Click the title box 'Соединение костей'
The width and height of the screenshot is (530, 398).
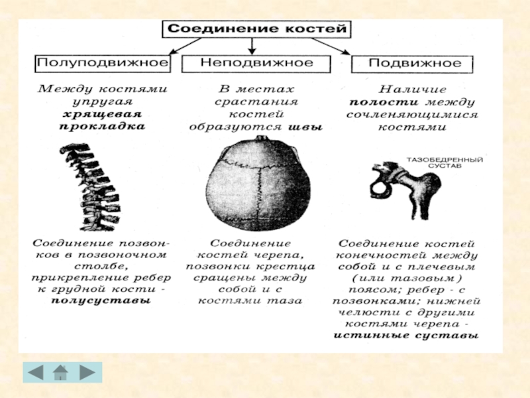[256, 29]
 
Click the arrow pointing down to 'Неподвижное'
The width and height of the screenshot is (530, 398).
[252, 46]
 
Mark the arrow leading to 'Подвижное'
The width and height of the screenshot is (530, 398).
[331, 46]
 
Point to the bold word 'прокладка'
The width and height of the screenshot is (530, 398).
[102, 127]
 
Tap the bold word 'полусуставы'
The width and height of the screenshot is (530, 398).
[101, 300]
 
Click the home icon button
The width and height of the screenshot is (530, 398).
[61, 372]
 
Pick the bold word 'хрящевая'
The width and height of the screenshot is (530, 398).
[101, 114]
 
